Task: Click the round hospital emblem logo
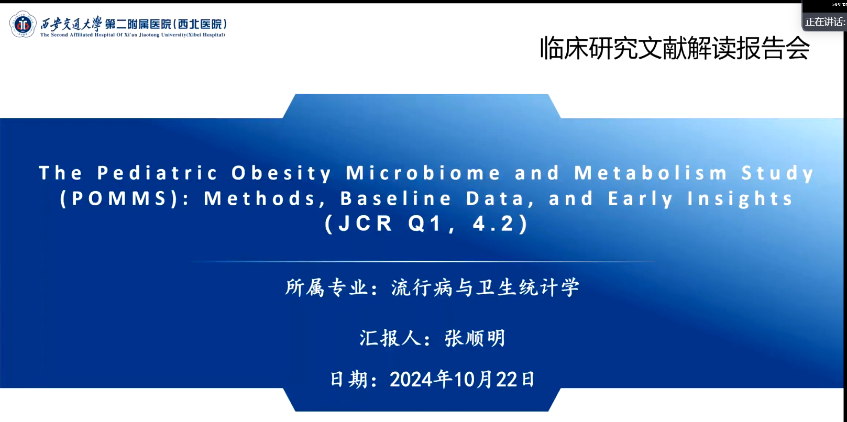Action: [23, 24]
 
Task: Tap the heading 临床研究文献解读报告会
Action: [675, 48]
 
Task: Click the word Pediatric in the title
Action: [158, 173]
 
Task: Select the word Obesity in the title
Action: [282, 173]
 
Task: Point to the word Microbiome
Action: [424, 173]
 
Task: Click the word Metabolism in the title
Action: [651, 173]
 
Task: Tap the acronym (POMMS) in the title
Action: [119, 198]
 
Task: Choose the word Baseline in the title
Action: [396, 198]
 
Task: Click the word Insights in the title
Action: [740, 199]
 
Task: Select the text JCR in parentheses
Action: [365, 223]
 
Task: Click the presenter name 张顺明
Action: [475, 338]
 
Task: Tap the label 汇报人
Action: [390, 338]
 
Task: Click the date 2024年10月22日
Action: [462, 379]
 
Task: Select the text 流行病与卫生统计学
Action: [485, 287]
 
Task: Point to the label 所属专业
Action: [326, 287]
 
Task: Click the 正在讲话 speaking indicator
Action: [824, 22]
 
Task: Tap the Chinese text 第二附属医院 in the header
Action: [138, 24]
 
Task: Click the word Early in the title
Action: [641, 199]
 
